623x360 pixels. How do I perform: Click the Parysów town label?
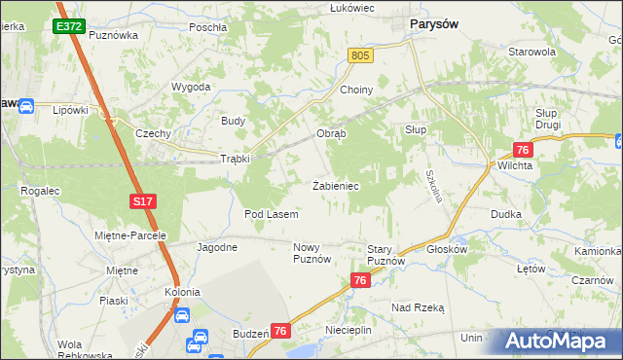point(435,22)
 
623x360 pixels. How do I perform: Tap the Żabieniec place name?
point(338,185)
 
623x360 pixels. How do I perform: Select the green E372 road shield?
point(69,27)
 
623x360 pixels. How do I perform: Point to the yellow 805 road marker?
point(360,57)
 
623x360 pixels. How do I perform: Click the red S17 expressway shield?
point(143,201)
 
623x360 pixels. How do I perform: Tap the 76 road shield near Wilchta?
point(523,149)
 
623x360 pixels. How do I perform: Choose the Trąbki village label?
point(236,159)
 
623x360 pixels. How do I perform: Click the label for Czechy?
point(154,133)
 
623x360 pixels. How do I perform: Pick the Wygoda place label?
point(192,87)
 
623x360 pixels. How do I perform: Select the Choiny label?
point(356,90)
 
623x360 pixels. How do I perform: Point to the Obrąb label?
point(331,133)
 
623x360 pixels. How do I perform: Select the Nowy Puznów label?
point(312,254)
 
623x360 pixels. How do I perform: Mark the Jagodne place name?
point(217,247)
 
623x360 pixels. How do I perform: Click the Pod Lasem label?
point(271,213)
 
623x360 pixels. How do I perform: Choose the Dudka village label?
point(506,214)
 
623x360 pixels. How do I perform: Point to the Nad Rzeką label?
point(418,306)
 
